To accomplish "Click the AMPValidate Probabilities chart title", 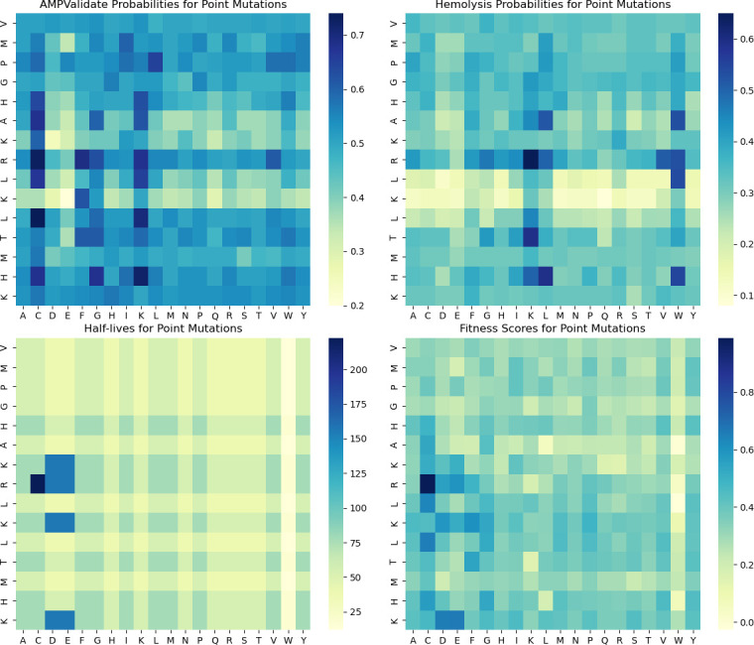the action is tap(163, 5).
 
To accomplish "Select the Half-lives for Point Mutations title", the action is tap(163, 328).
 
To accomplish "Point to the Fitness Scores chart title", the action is tap(553, 328).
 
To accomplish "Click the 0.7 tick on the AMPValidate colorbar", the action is tap(357, 35).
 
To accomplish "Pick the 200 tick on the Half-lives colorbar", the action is tap(359, 369).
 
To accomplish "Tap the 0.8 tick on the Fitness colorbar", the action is tap(747, 393).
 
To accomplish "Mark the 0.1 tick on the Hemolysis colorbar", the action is tap(747, 296).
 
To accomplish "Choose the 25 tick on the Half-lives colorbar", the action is tap(356, 612).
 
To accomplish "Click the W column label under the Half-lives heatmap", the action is tap(288, 640).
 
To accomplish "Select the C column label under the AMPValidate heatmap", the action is tap(38, 316).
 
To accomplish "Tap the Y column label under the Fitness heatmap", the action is tap(692, 640).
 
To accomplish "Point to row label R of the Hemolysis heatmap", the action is tap(394, 160).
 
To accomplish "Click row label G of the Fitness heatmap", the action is tap(394, 406).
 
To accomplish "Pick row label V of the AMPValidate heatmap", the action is tap(4, 23).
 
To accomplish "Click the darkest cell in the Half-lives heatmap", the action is tap(38, 483).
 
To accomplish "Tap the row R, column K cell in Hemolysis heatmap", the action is tap(531, 160).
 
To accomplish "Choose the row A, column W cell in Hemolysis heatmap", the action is tap(678, 121).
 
